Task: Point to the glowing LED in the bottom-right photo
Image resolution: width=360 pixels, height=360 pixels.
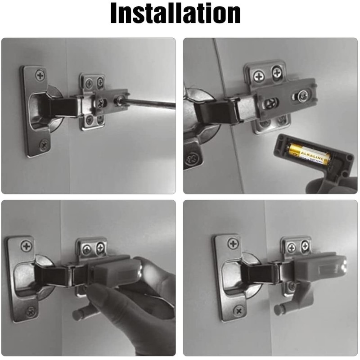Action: point(343,266)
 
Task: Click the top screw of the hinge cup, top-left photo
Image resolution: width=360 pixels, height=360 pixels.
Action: point(40,74)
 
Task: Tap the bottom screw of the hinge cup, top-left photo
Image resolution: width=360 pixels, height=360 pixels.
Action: point(44,144)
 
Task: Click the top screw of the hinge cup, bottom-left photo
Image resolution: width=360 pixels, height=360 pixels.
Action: point(26,246)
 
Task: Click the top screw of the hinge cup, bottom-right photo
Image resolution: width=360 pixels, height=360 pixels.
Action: point(233,244)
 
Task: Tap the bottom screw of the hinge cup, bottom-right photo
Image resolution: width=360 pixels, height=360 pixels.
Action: point(238,310)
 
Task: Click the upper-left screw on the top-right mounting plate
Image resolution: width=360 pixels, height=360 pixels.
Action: point(259,76)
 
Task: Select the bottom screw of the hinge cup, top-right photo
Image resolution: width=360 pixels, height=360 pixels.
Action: point(193,159)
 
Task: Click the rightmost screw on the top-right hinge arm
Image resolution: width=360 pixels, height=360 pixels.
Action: point(302,95)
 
